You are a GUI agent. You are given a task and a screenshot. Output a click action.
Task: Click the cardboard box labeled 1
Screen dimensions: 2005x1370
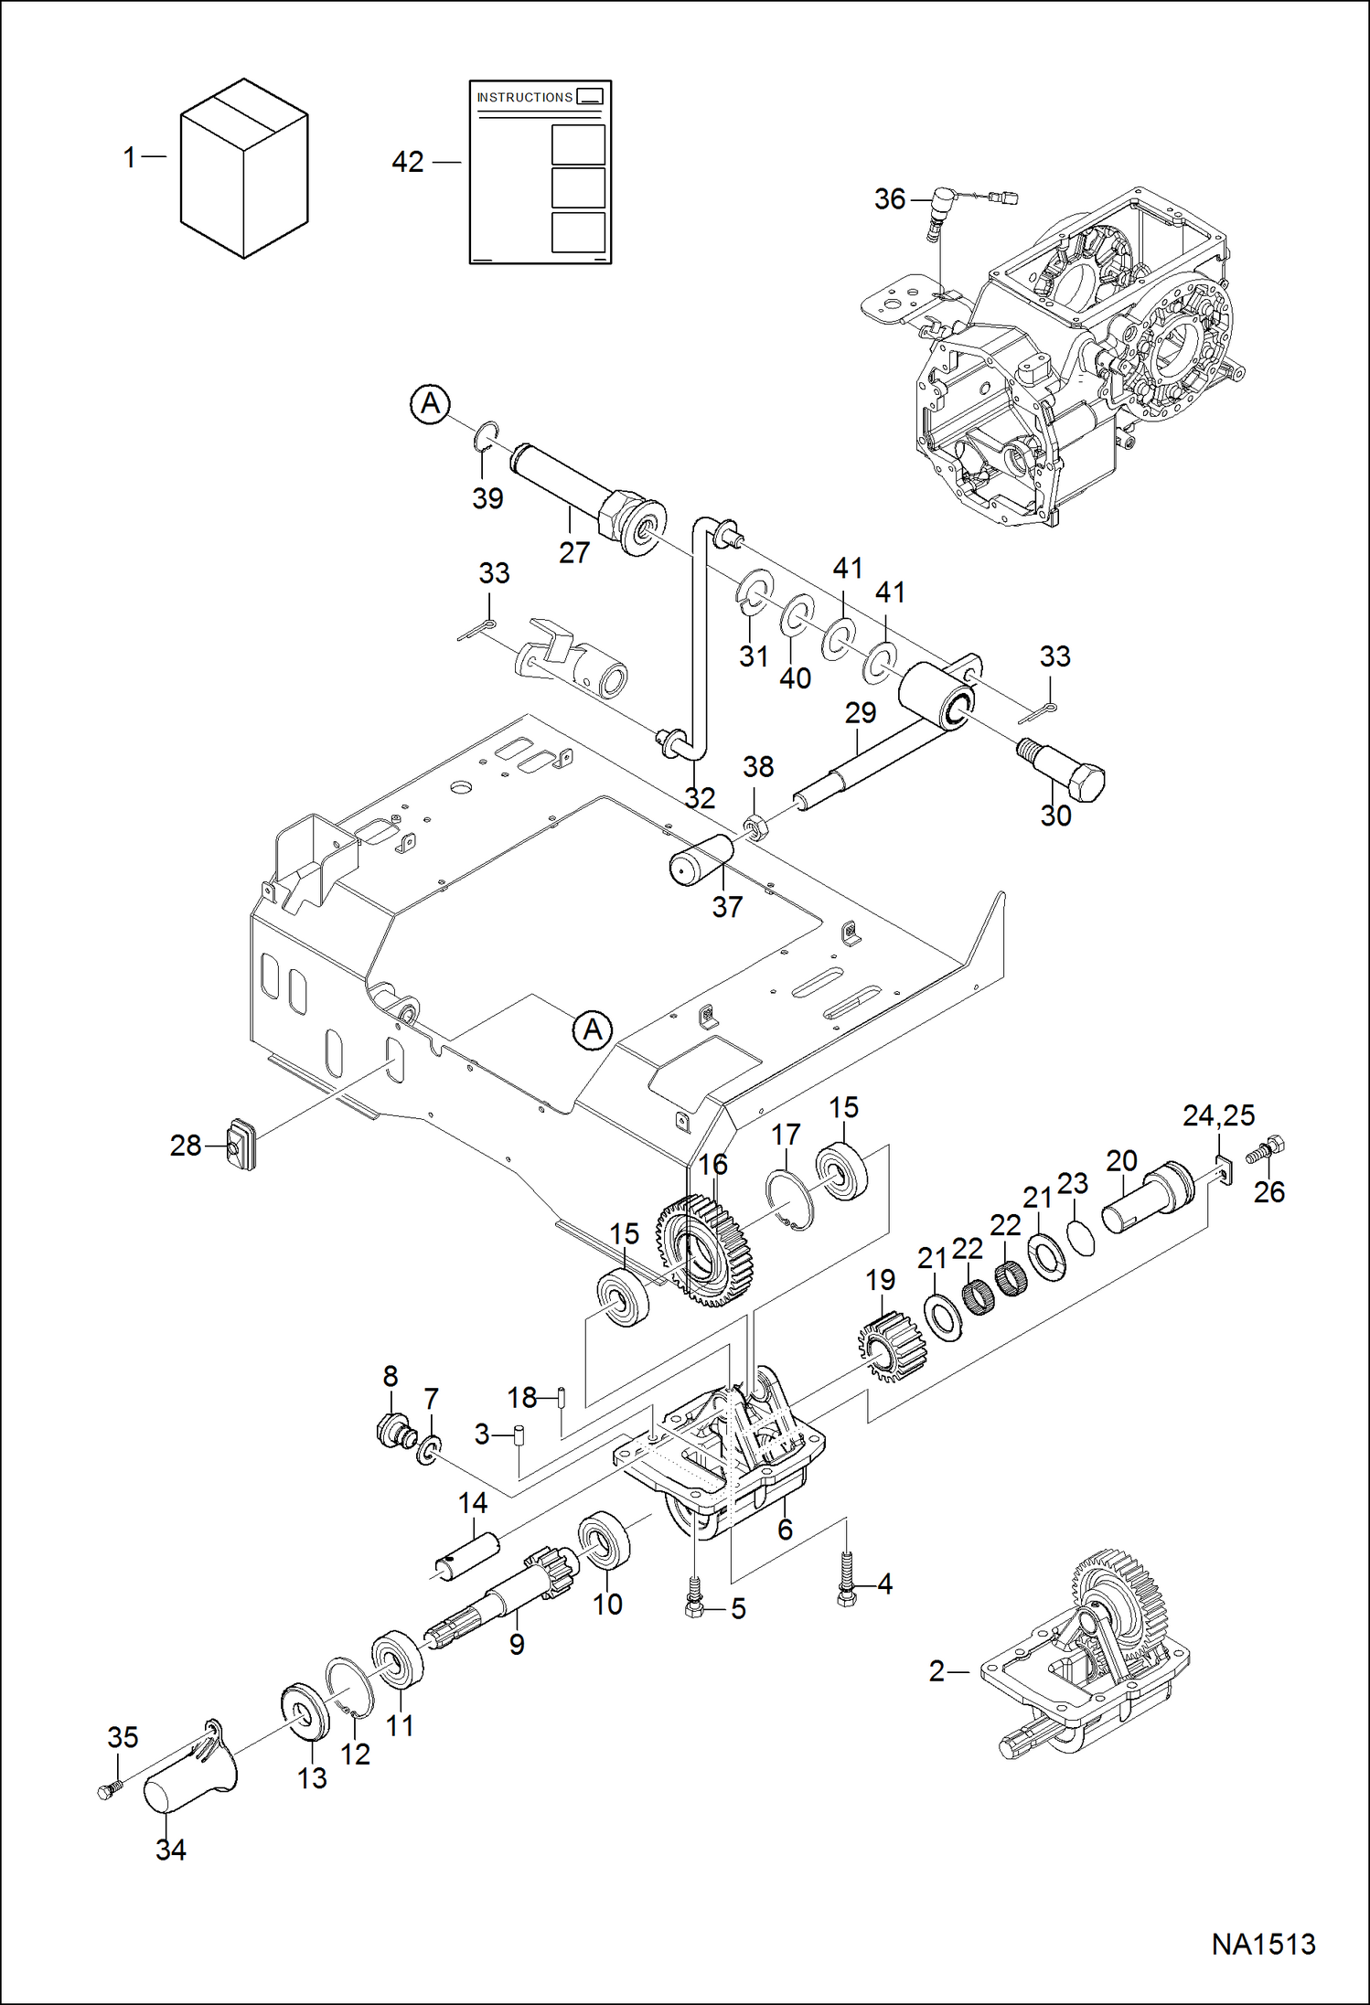[243, 169]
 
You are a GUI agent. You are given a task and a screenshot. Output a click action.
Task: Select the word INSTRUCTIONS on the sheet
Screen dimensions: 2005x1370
[524, 97]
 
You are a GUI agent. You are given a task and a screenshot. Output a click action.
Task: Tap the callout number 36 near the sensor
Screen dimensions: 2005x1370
[889, 199]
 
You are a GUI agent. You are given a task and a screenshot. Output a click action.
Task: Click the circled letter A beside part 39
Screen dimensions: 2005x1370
[430, 403]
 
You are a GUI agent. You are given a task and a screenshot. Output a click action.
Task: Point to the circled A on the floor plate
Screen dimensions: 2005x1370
[593, 1030]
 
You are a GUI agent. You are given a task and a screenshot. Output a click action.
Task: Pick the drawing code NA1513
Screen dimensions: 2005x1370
[1263, 1944]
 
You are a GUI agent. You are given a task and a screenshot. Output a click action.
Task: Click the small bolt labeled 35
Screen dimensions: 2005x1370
[109, 1791]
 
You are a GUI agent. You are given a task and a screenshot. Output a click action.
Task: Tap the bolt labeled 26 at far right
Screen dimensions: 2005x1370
[1266, 1150]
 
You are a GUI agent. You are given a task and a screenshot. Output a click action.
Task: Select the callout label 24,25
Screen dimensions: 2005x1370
[1218, 1115]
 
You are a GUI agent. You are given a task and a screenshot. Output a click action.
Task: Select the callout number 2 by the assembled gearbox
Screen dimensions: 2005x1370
[936, 1671]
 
